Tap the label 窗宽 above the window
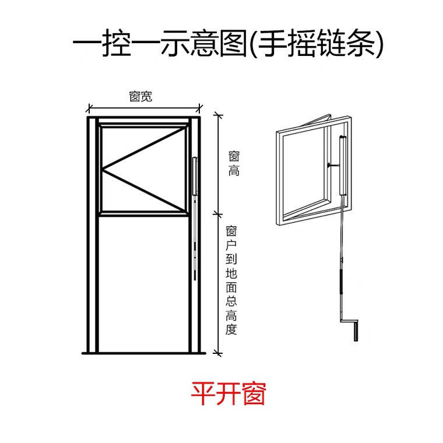[140, 97]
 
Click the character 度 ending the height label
[231, 330]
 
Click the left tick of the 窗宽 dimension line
[89, 108]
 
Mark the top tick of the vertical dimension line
[218, 112]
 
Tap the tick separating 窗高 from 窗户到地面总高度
[218, 212]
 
